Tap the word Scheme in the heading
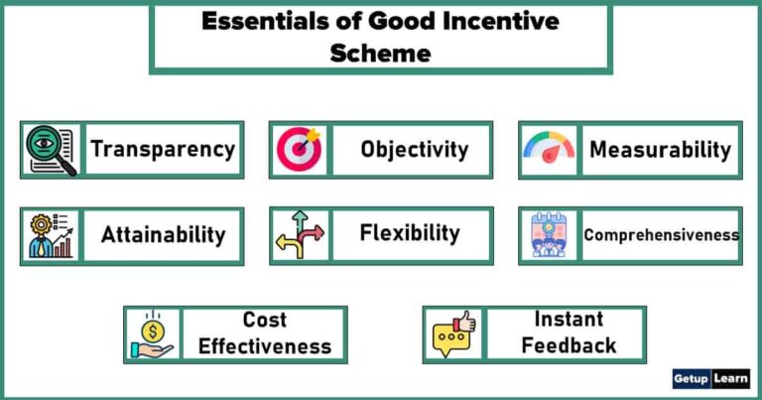tap(380, 53)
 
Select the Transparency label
tap(163, 150)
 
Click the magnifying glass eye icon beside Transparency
tap(51, 150)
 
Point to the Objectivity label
tap(414, 150)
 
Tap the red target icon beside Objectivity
tap(300, 150)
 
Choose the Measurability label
tap(660, 150)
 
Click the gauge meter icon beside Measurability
tap(549, 150)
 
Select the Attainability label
tap(163, 235)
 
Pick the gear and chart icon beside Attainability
tap(51, 235)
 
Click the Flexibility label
tap(410, 233)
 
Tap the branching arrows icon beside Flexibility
tap(300, 235)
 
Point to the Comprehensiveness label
tap(661, 235)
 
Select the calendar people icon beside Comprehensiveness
tap(549, 235)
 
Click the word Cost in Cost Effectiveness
tap(264, 320)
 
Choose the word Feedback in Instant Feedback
tap(569, 345)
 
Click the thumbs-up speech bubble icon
tap(453, 334)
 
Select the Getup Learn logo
tap(710, 379)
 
